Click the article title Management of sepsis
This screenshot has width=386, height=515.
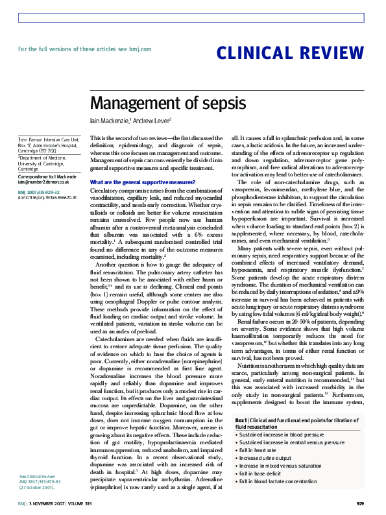(x=167, y=104)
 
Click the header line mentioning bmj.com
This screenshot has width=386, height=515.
(x=84, y=49)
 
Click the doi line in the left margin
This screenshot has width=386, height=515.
(x=47, y=197)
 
